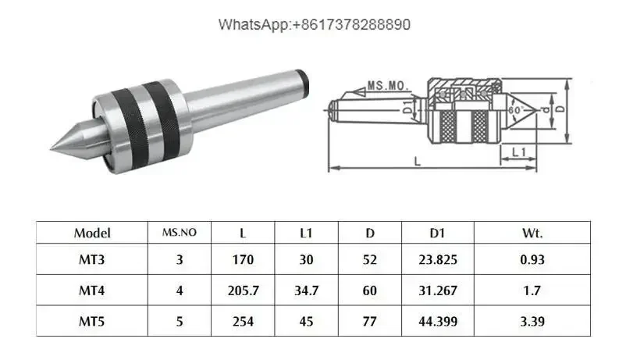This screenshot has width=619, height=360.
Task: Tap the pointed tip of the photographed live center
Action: coord(52,149)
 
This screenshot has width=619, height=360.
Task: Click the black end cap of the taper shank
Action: coord(302,82)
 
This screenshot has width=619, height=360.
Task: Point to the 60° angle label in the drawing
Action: coord(516,110)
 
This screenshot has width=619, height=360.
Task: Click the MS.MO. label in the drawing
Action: coord(388,86)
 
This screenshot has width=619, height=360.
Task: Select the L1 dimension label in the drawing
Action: coord(519,152)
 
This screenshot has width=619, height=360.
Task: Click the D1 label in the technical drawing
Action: coord(407,106)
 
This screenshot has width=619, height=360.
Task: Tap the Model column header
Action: coord(92,233)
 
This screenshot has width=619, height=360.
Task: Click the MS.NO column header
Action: coord(180,233)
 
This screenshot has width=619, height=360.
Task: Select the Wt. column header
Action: coord(532,233)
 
